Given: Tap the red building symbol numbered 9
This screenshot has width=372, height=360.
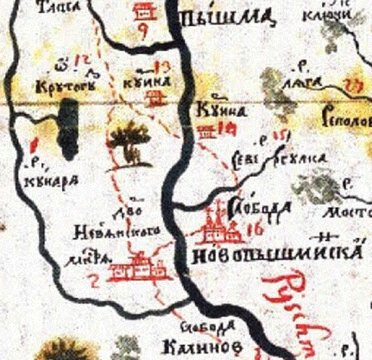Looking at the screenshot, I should coord(142,12).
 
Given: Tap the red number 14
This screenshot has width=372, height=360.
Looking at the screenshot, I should coord(230,129).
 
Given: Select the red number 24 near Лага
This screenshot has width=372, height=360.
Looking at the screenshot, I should coord(350,84).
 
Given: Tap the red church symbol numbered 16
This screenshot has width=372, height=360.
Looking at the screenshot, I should coord(211,226).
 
